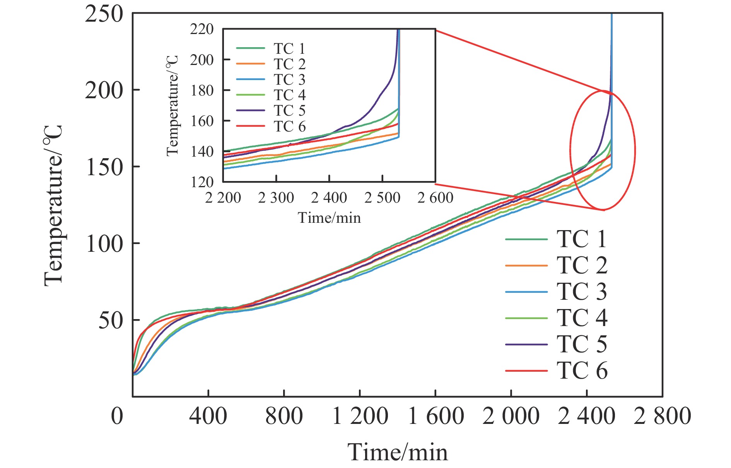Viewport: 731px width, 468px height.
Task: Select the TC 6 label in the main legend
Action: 582,371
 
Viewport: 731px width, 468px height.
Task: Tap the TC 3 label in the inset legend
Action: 289,80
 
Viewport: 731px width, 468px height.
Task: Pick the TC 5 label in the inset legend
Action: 289,111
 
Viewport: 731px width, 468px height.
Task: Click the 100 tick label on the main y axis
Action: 104,244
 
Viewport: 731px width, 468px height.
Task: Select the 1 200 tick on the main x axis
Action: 360,417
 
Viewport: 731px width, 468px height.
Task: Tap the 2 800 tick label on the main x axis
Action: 662,417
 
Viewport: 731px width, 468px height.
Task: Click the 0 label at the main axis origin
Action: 117,417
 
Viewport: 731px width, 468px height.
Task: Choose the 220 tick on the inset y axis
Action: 202,29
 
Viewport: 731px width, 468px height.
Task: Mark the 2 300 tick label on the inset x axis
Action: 276,198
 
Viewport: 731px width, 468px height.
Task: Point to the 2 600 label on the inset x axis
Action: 435,198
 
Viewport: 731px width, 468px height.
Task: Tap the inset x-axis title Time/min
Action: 329,218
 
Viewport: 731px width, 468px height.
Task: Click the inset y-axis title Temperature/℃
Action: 173,105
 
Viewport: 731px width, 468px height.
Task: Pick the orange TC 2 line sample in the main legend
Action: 526,266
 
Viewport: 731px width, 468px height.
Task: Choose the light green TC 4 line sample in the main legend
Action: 526,318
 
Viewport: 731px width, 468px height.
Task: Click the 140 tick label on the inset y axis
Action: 202,152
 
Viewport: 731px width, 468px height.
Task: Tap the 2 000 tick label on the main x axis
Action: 511,417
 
